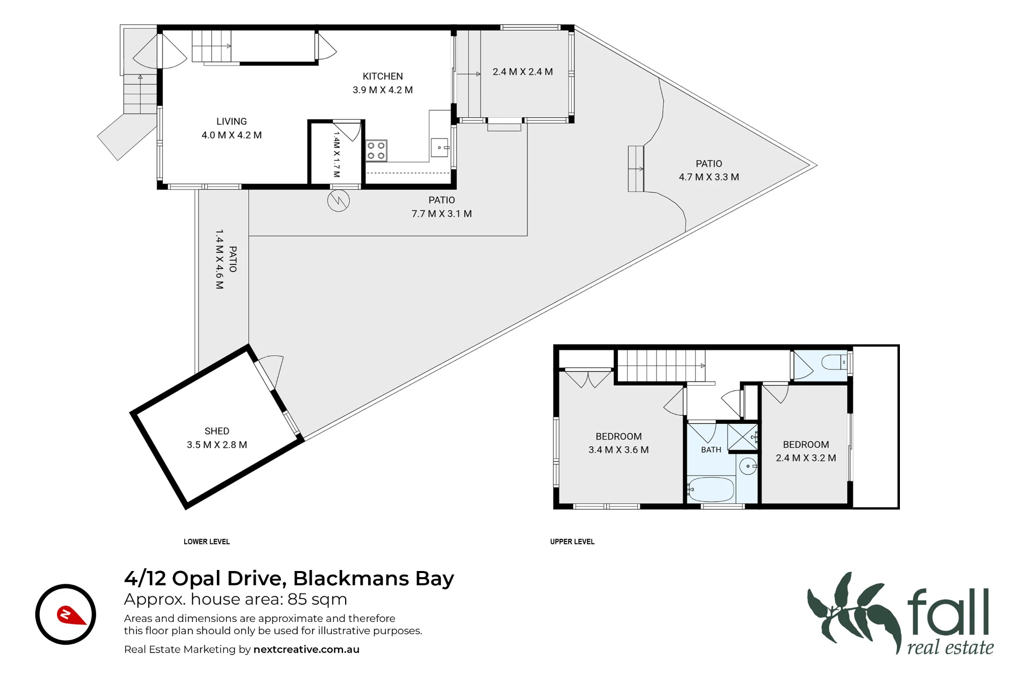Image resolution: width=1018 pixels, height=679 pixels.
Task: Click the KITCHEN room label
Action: coord(383,76)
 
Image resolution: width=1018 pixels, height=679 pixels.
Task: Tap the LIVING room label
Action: coord(232,122)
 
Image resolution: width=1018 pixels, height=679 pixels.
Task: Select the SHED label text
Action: coord(217,431)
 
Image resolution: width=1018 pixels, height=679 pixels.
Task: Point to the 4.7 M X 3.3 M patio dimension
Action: coord(709,177)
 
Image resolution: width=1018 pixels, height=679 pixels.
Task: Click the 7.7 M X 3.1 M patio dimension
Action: coord(442,214)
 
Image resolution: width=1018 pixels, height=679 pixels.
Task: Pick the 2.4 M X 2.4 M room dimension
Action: coord(523,72)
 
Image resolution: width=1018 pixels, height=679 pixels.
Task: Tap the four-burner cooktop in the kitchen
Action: coord(376,151)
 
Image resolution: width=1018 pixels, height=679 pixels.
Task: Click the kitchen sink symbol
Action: coord(440,148)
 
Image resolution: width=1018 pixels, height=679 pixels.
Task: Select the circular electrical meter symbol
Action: coord(338,201)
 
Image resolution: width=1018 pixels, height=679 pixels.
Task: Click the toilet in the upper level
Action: coord(834,362)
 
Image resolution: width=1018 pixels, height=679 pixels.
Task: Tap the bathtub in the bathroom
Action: coord(711,490)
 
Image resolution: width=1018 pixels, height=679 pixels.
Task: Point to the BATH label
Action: coord(711,450)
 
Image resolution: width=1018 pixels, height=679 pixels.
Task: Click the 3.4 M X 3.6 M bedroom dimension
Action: coord(618,450)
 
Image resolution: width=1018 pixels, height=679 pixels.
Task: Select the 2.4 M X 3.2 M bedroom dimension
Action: coord(806,458)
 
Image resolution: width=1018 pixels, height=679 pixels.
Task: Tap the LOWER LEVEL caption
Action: coord(207,541)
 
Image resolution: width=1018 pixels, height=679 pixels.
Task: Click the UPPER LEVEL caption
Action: coord(572,541)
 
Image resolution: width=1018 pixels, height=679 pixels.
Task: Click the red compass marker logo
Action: coord(71,615)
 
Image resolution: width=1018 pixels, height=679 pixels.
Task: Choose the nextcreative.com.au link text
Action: coord(306,649)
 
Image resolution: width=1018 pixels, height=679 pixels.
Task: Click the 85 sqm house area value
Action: coord(317,600)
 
